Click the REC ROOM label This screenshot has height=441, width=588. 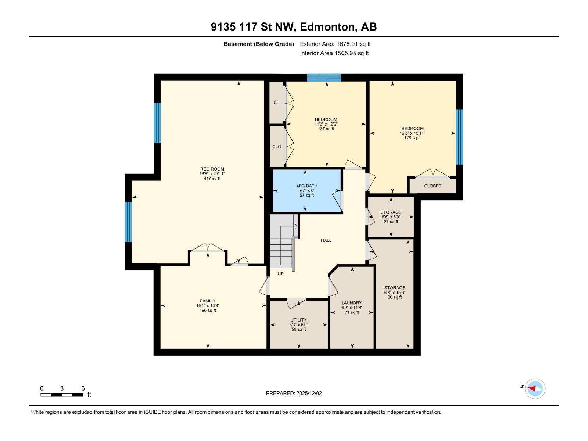(x=212, y=169)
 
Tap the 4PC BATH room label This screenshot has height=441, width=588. (x=306, y=186)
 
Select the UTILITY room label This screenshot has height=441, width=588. (x=298, y=320)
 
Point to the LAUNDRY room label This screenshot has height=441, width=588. (x=352, y=303)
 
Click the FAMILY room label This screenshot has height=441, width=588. (x=208, y=301)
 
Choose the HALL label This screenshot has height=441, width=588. (x=326, y=240)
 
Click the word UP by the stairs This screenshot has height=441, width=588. (x=280, y=274)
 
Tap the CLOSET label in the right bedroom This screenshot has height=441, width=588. (x=433, y=186)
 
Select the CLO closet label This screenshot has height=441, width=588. (x=277, y=147)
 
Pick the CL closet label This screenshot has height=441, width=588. (x=276, y=103)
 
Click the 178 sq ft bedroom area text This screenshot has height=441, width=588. (x=412, y=138)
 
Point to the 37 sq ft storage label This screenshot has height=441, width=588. (x=391, y=222)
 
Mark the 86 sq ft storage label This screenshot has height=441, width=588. (x=395, y=297)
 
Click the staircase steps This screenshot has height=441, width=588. (x=281, y=250)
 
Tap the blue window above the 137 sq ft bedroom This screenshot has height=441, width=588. (x=324, y=78)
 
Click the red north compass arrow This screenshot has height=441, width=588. (x=532, y=388)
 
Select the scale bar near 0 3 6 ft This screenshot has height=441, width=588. (x=62, y=395)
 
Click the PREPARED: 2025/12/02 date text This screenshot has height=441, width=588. (x=294, y=393)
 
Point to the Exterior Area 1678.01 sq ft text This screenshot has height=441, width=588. (x=335, y=44)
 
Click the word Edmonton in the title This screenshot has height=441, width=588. (x=328, y=27)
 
